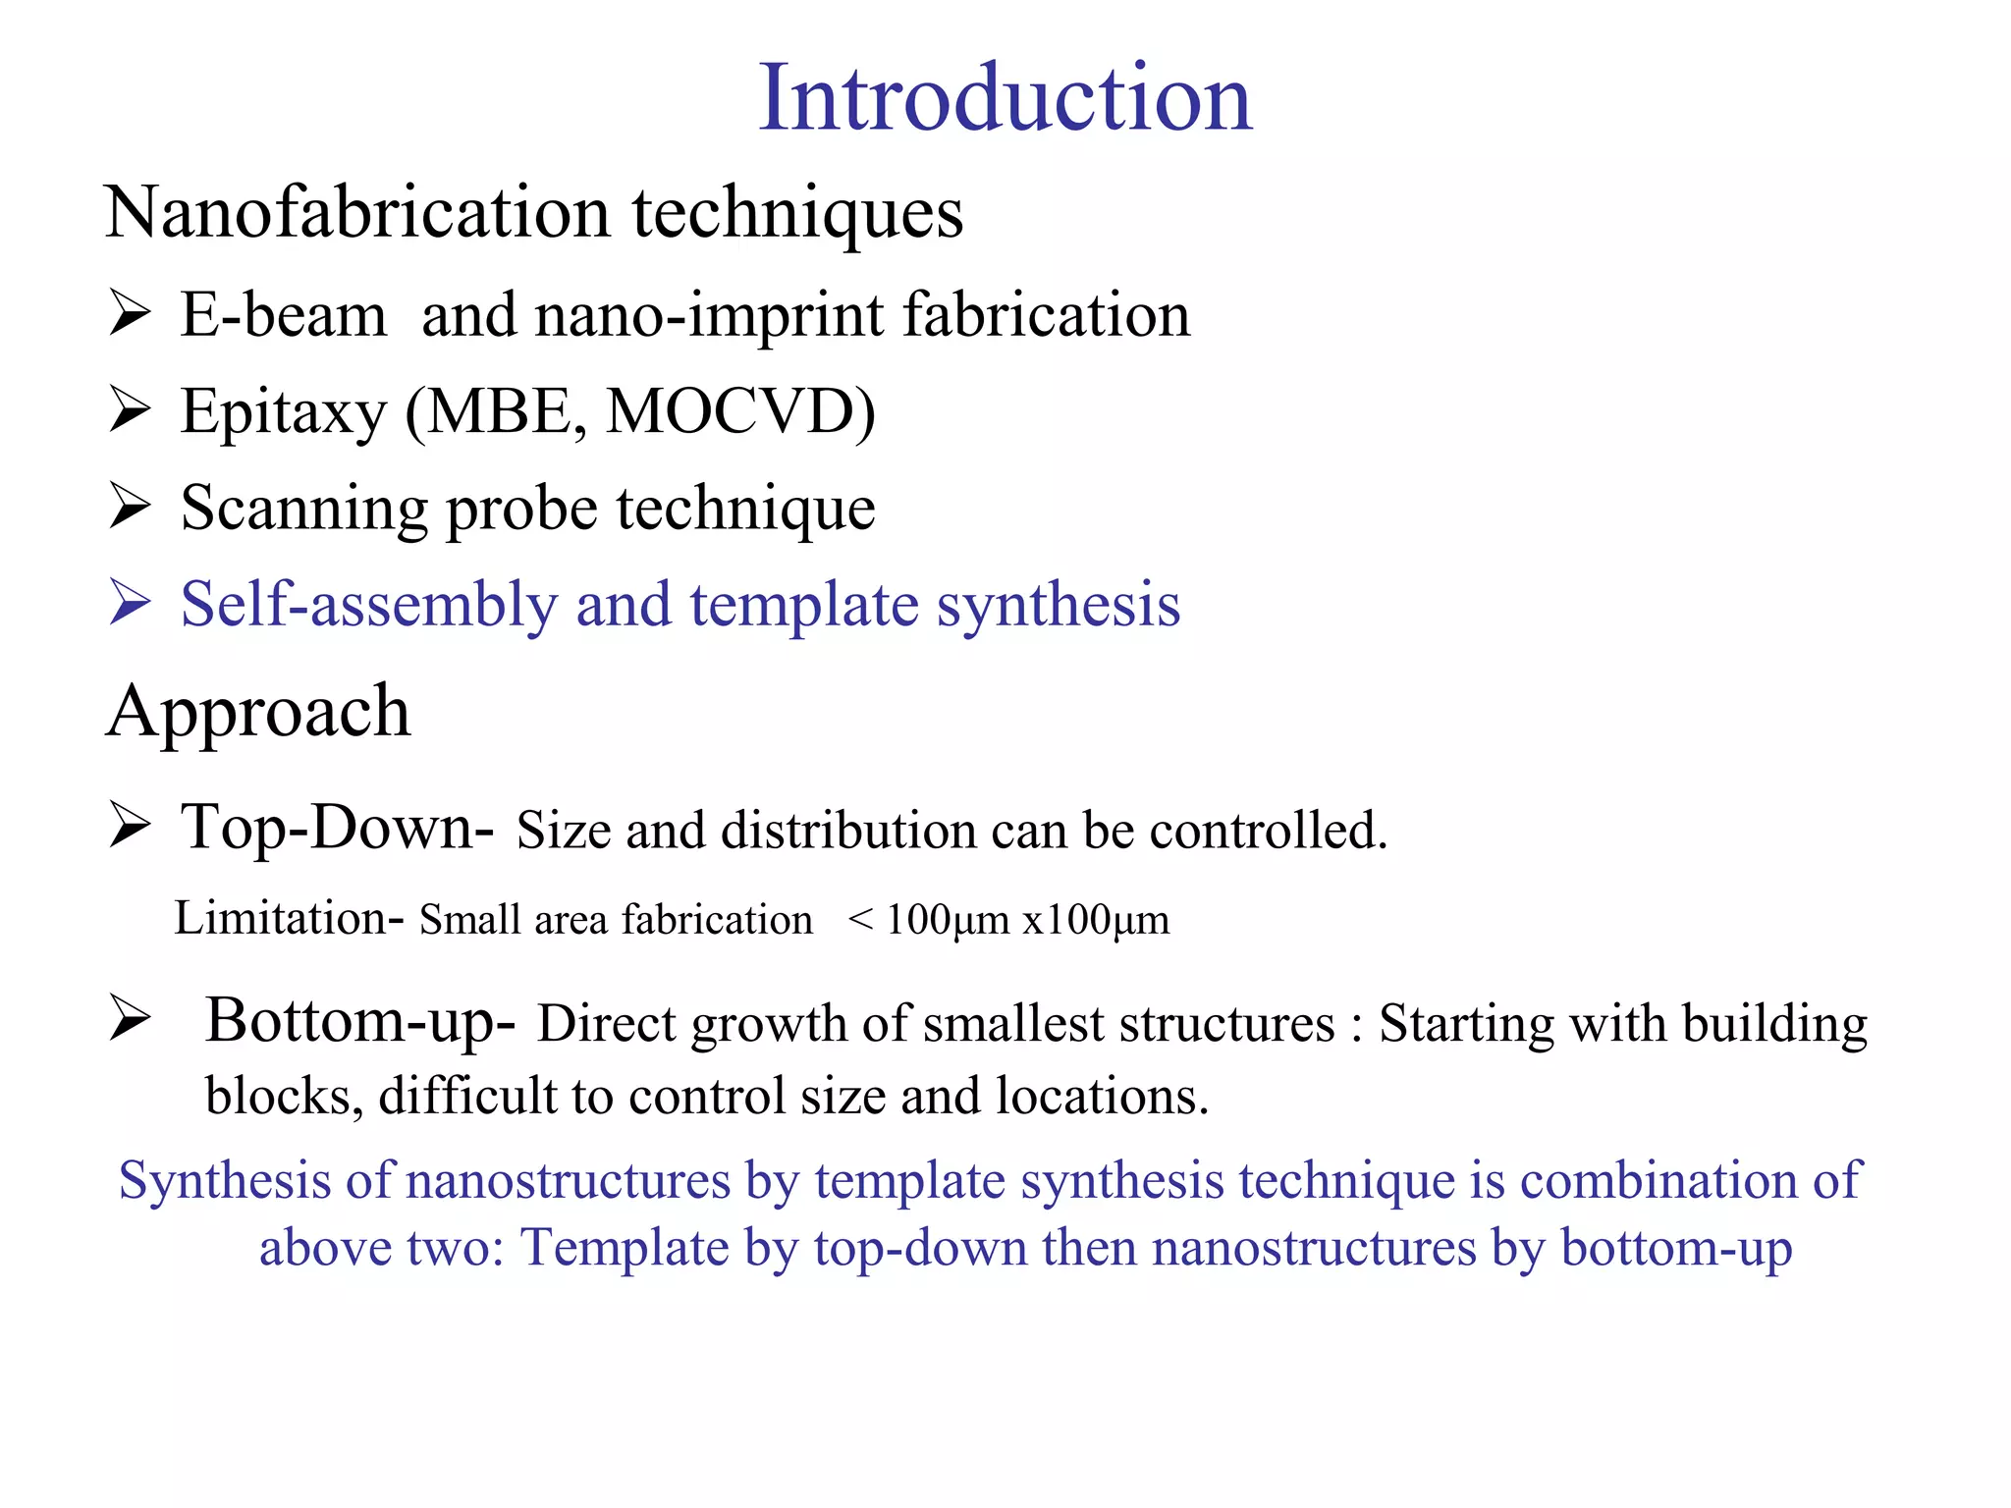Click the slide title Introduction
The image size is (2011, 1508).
coord(1005,98)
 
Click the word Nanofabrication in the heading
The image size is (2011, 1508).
coord(357,213)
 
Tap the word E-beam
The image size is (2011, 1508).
coord(283,316)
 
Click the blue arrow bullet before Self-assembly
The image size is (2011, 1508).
coord(130,602)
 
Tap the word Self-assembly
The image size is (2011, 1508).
coord(368,604)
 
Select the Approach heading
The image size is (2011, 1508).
coord(258,711)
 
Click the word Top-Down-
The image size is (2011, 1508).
coord(337,827)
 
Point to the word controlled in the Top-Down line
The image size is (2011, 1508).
coord(1268,831)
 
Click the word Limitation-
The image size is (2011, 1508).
coord(289,919)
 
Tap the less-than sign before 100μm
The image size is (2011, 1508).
coord(860,920)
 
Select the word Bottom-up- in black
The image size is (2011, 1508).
coord(360,1021)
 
